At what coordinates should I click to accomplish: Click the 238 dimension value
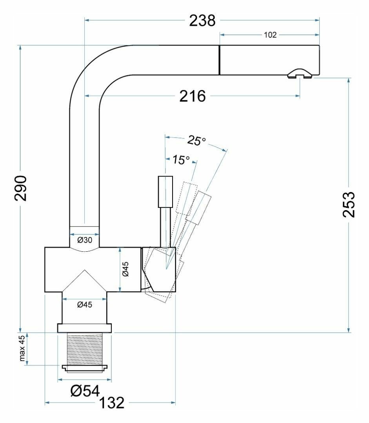[x=202, y=21]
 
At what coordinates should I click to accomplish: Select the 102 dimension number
[x=270, y=35]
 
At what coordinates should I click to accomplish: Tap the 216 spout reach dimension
[x=193, y=96]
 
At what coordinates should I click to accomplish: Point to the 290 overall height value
[x=20, y=188]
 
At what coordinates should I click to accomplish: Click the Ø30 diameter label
[x=84, y=240]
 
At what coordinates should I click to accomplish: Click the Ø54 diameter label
[x=85, y=390]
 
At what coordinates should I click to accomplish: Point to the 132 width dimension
[x=111, y=403]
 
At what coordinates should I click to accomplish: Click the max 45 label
[x=22, y=349]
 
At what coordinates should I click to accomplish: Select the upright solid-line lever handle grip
[x=165, y=192]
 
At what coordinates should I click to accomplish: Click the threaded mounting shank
[x=85, y=348]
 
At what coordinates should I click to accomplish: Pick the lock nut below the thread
[x=85, y=368]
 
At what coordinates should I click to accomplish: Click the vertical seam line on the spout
[x=219, y=60]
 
